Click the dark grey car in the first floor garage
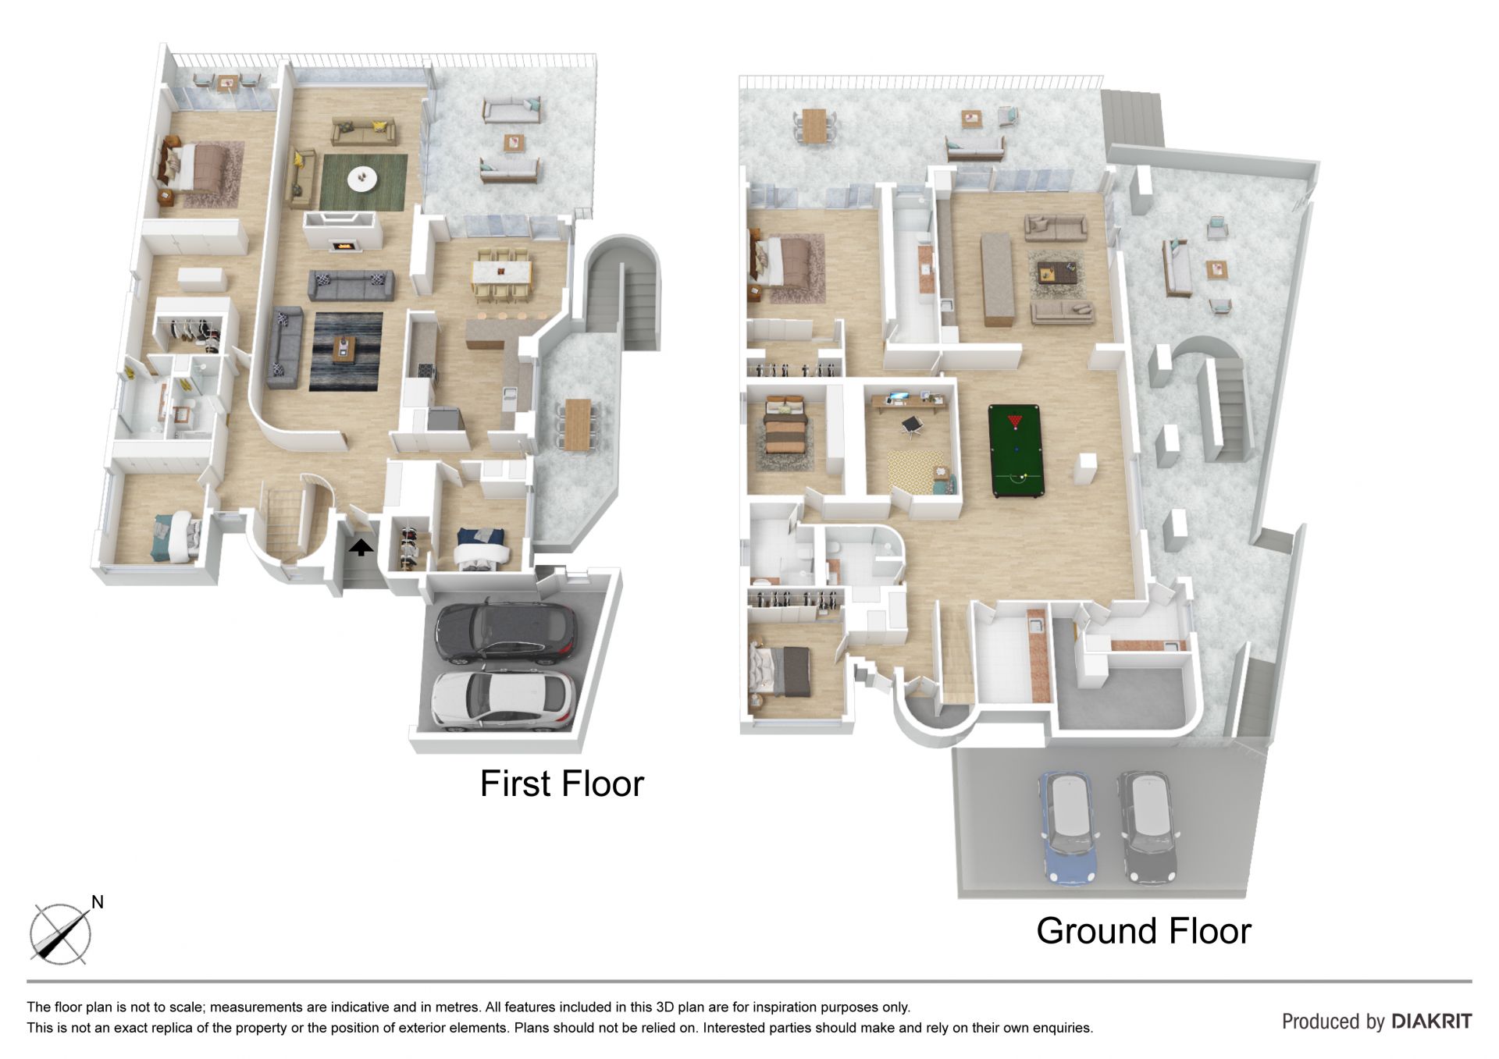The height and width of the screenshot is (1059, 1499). (x=506, y=632)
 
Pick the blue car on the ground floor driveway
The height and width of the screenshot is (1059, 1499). (x=1068, y=827)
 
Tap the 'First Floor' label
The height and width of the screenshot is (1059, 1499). (x=562, y=784)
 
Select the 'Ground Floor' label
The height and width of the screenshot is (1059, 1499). (x=1144, y=930)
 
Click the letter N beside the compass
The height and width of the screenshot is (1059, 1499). (x=98, y=902)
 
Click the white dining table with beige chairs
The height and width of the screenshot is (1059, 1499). (x=500, y=275)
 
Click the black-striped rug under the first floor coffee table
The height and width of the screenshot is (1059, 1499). (x=346, y=351)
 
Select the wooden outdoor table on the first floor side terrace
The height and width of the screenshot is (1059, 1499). (x=579, y=425)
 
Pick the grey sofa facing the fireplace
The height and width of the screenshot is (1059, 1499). (x=351, y=286)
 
